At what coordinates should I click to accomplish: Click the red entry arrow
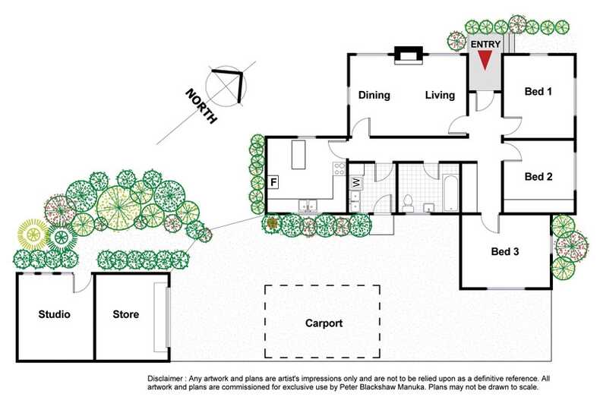[x=485, y=62]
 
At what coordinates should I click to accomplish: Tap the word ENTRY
[x=485, y=45]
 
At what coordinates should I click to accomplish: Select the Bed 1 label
[x=538, y=92]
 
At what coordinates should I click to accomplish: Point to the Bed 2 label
[x=538, y=177]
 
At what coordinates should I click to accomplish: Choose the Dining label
[x=374, y=96]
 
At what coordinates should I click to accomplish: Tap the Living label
[x=440, y=96]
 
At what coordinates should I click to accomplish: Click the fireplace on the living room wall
[x=408, y=54]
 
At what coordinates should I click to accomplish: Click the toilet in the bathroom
[x=408, y=202]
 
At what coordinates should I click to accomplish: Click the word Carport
[x=324, y=323]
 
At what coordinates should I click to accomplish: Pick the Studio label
[x=55, y=314]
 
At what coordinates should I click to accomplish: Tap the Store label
[x=125, y=314]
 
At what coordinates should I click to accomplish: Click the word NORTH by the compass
[x=202, y=106]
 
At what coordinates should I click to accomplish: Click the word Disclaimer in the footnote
[x=169, y=377]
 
